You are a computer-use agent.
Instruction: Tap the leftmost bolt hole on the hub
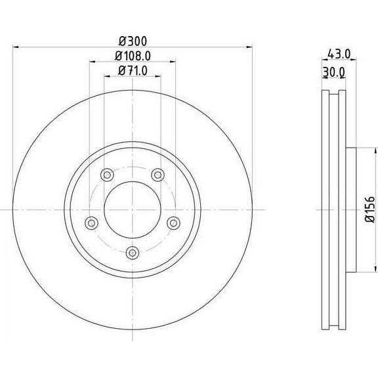tap(91, 222)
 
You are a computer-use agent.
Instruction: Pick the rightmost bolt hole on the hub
tap(173, 222)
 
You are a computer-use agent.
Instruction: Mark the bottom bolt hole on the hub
tap(132, 252)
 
